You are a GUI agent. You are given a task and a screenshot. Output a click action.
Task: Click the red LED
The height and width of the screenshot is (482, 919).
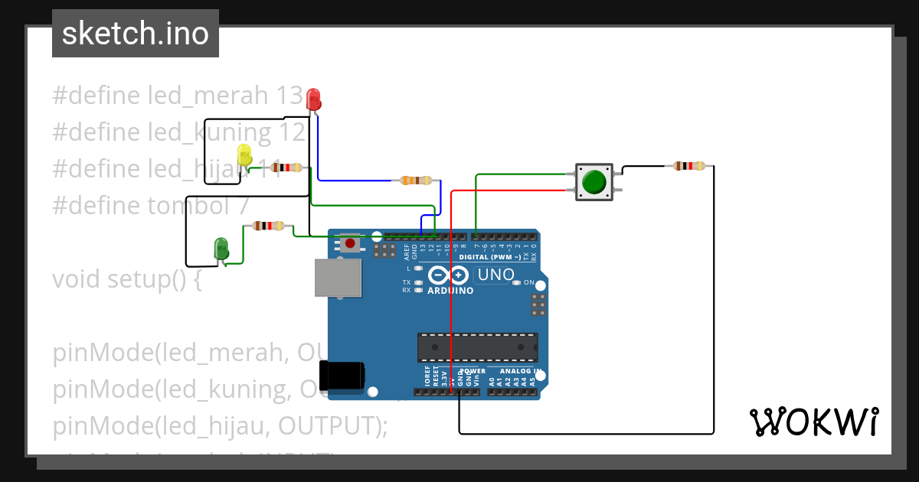[x=313, y=99]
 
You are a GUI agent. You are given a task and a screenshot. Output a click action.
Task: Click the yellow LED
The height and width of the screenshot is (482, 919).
[x=244, y=155]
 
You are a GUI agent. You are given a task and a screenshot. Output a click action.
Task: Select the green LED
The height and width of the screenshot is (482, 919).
[x=221, y=249]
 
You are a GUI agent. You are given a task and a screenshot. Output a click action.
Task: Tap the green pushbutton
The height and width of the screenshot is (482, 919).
[x=594, y=182]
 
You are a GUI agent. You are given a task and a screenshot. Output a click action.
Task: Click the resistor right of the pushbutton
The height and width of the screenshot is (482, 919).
[x=689, y=165]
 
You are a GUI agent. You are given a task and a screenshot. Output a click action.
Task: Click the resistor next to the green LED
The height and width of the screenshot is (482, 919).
[x=268, y=226]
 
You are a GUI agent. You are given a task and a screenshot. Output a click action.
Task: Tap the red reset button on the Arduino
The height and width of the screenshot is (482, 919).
[x=350, y=243]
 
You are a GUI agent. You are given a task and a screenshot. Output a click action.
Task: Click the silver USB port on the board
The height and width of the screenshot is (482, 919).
[x=337, y=277]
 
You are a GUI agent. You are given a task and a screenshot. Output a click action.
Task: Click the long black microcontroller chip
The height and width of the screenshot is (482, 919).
[x=477, y=347]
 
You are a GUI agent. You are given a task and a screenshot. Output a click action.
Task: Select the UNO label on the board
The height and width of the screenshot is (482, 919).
[x=494, y=275]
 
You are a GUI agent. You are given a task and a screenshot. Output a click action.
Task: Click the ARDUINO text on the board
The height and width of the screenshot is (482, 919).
[x=450, y=291]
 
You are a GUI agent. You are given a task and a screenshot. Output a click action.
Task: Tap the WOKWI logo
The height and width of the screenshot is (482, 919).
[x=813, y=422]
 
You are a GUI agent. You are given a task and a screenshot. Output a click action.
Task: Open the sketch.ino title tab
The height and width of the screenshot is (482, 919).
[x=136, y=34]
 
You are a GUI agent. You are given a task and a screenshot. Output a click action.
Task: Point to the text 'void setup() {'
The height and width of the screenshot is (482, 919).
[x=127, y=279]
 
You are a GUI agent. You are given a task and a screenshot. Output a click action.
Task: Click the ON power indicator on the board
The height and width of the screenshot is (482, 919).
[x=528, y=282]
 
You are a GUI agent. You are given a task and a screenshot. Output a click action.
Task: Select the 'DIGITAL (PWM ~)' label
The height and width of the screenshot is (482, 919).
[x=490, y=257]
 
